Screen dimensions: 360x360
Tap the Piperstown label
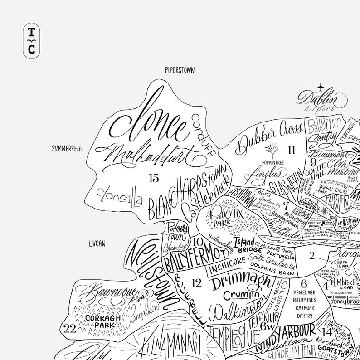pos(179,69)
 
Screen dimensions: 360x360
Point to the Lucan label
pos(97,243)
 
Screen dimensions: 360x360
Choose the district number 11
pos(291,148)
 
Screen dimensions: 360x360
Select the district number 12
pos(196,283)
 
